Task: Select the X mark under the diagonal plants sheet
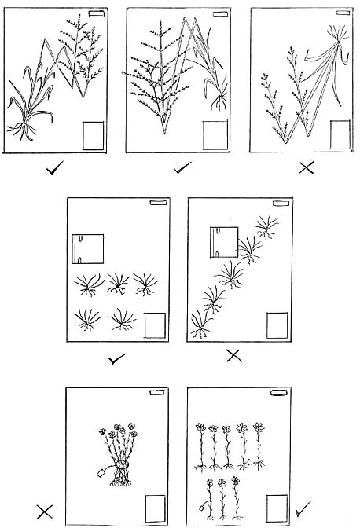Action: coord(233,356)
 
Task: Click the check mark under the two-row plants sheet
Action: coord(117,358)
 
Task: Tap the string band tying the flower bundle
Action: coord(122,466)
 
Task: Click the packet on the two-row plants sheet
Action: coord(88,249)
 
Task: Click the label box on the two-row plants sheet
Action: coord(155,325)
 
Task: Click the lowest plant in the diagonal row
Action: coord(200,325)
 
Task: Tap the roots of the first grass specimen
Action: coord(27,127)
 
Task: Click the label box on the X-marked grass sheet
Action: coord(340,134)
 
